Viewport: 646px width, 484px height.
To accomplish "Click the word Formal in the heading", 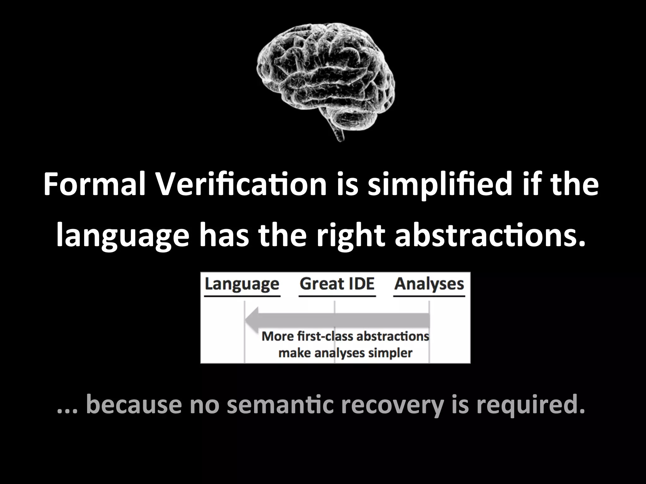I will coord(94,185).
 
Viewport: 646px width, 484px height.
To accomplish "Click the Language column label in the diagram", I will coord(242,284).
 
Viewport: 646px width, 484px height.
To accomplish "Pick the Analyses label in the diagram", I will coord(429,284).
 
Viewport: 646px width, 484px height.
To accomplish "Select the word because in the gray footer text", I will coord(134,405).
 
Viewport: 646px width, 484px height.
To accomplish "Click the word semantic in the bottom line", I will coord(280,405).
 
